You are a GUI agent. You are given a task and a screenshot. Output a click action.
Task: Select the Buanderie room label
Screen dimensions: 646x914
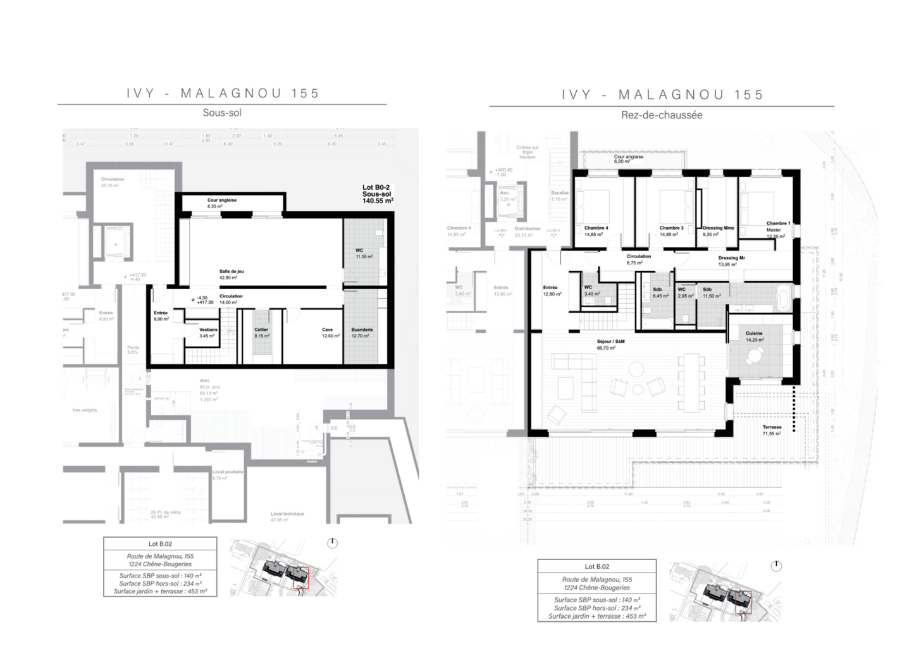click(x=362, y=333)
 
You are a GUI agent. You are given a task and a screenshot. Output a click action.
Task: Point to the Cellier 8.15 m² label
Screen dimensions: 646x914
click(x=261, y=333)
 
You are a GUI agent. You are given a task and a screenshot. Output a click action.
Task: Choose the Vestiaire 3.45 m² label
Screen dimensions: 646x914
click(x=208, y=333)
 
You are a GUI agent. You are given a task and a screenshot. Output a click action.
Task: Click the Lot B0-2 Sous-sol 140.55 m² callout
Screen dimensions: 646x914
click(x=378, y=194)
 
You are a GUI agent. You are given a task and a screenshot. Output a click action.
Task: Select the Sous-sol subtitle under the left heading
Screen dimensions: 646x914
click(x=222, y=113)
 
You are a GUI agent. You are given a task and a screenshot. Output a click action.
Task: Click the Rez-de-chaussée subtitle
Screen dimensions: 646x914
click(x=662, y=115)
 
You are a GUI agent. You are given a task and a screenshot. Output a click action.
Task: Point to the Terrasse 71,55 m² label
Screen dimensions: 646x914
click(x=772, y=430)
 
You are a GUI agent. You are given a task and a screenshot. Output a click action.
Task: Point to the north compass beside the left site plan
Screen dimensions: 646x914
click(x=333, y=543)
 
